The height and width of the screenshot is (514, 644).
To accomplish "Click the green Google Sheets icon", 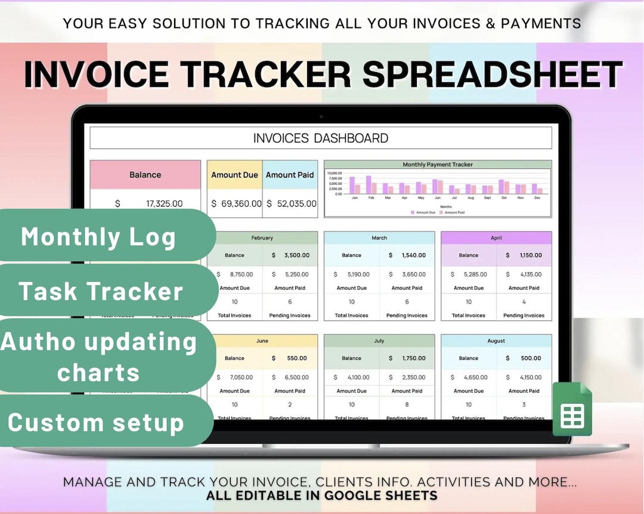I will pyautogui.click(x=572, y=409).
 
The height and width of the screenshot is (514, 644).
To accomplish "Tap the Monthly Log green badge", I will pyautogui.click(x=99, y=236).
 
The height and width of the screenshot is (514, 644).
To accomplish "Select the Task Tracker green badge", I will pyautogui.click(x=101, y=291).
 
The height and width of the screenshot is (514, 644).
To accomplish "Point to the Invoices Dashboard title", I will pyautogui.click(x=321, y=138).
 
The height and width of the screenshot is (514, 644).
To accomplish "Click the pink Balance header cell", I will pyautogui.click(x=145, y=175).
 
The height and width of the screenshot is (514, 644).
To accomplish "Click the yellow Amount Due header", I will pyautogui.click(x=234, y=175).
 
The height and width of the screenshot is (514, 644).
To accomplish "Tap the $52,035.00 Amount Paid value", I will pyautogui.click(x=291, y=204).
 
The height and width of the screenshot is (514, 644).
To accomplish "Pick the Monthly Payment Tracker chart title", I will pyautogui.click(x=438, y=164).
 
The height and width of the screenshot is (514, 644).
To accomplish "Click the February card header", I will pyautogui.click(x=262, y=238).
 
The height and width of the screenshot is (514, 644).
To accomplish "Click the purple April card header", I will pyautogui.click(x=496, y=238).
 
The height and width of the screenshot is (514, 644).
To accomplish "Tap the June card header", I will pyautogui.click(x=262, y=341).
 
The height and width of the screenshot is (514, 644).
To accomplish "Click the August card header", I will pyautogui.click(x=496, y=341).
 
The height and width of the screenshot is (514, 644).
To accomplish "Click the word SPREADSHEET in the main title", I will pyautogui.click(x=493, y=74).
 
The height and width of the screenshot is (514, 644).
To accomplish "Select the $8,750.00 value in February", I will pyautogui.click(x=239, y=275).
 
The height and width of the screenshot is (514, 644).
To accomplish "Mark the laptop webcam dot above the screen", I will pyautogui.click(x=321, y=116).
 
